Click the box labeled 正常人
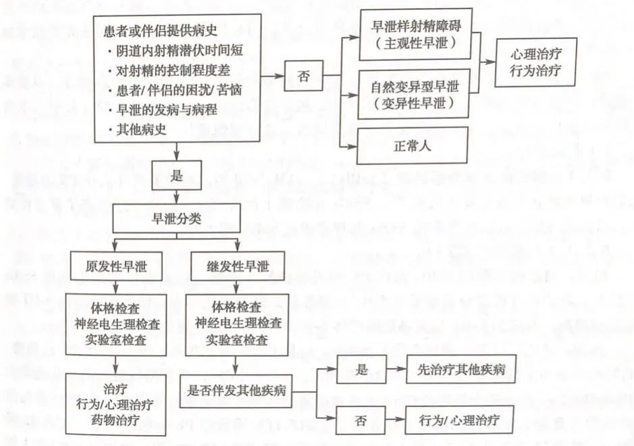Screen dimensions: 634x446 [412, 146]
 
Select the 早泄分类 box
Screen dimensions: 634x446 [176, 218]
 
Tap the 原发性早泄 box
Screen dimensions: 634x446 [116, 266]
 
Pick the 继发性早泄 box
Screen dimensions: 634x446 [238, 266]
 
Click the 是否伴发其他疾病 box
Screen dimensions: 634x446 [236, 391]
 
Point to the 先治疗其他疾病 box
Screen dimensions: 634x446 [461, 369]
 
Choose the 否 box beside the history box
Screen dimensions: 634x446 [304, 76]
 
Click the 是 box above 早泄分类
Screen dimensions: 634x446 [177, 175]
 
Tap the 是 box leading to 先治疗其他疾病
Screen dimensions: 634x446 [361, 369]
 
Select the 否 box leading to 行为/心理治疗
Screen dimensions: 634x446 [361, 420]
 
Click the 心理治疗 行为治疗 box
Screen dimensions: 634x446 [535, 62]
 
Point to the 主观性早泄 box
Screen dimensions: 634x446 [416, 34]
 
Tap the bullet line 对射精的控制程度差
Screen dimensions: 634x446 [169, 71]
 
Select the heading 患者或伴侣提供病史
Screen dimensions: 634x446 [161, 31]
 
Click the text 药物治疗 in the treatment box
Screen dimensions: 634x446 [115, 420]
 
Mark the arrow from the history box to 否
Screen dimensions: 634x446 [272, 76]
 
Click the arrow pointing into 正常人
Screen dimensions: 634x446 [349, 146]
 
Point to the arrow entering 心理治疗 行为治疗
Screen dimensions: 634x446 [487, 62]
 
